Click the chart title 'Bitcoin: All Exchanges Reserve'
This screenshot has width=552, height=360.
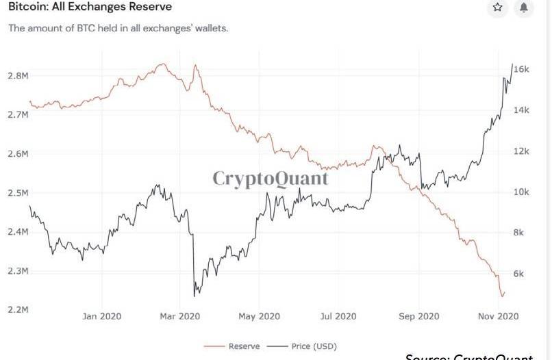(90, 7)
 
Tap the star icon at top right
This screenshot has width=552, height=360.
(497, 8)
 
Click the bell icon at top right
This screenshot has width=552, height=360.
(524, 8)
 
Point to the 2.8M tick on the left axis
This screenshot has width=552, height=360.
(18, 75)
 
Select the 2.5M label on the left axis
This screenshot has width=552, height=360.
(18, 193)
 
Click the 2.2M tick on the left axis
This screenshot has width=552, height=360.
(18, 310)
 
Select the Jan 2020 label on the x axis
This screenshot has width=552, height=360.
(101, 316)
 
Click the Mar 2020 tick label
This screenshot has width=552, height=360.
(179, 316)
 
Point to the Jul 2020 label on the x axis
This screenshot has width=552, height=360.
(338, 316)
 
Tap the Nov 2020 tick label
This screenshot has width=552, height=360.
(496, 316)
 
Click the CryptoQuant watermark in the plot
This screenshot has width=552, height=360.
(270, 179)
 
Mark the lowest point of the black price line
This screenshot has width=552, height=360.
(195, 296)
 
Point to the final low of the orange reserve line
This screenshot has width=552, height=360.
(503, 296)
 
